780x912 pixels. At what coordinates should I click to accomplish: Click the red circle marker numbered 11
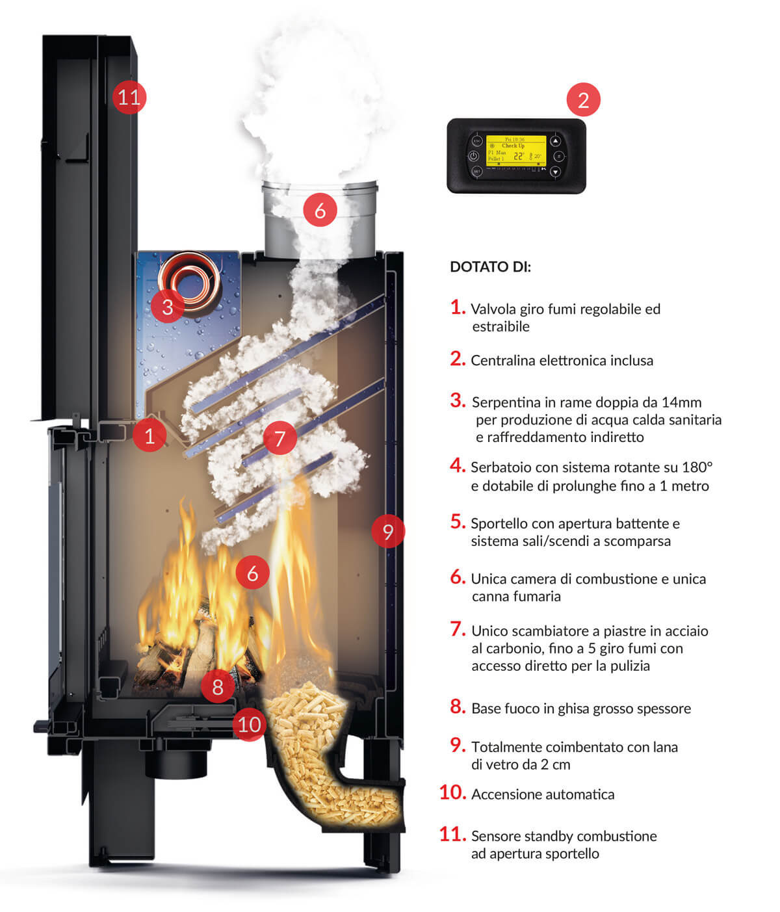129,98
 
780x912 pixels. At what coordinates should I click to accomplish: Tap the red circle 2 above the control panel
583,100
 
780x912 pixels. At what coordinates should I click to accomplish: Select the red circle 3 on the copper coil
168,306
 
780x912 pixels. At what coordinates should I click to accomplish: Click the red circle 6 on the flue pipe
320,210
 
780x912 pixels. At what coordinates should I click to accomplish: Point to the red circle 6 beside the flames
252,573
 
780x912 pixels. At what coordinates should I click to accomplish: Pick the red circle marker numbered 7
280,438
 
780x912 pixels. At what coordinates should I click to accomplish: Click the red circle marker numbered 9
388,531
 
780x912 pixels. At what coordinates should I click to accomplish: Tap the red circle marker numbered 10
250,724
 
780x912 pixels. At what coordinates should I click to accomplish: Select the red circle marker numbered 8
218,686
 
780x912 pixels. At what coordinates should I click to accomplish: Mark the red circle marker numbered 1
149,435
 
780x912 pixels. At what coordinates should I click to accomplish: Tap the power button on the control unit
474,157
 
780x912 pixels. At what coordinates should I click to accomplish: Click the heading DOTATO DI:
491,267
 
